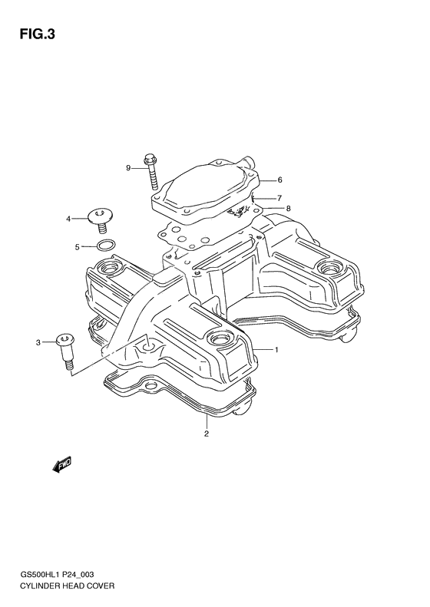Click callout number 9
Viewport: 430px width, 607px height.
[129, 167]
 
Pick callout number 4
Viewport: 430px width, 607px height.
[68, 219]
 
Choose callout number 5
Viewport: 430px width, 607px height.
[78, 246]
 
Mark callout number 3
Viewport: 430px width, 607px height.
[37, 341]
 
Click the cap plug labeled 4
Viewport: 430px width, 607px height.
[99, 217]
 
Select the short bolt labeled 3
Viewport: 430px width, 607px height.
[64, 348]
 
